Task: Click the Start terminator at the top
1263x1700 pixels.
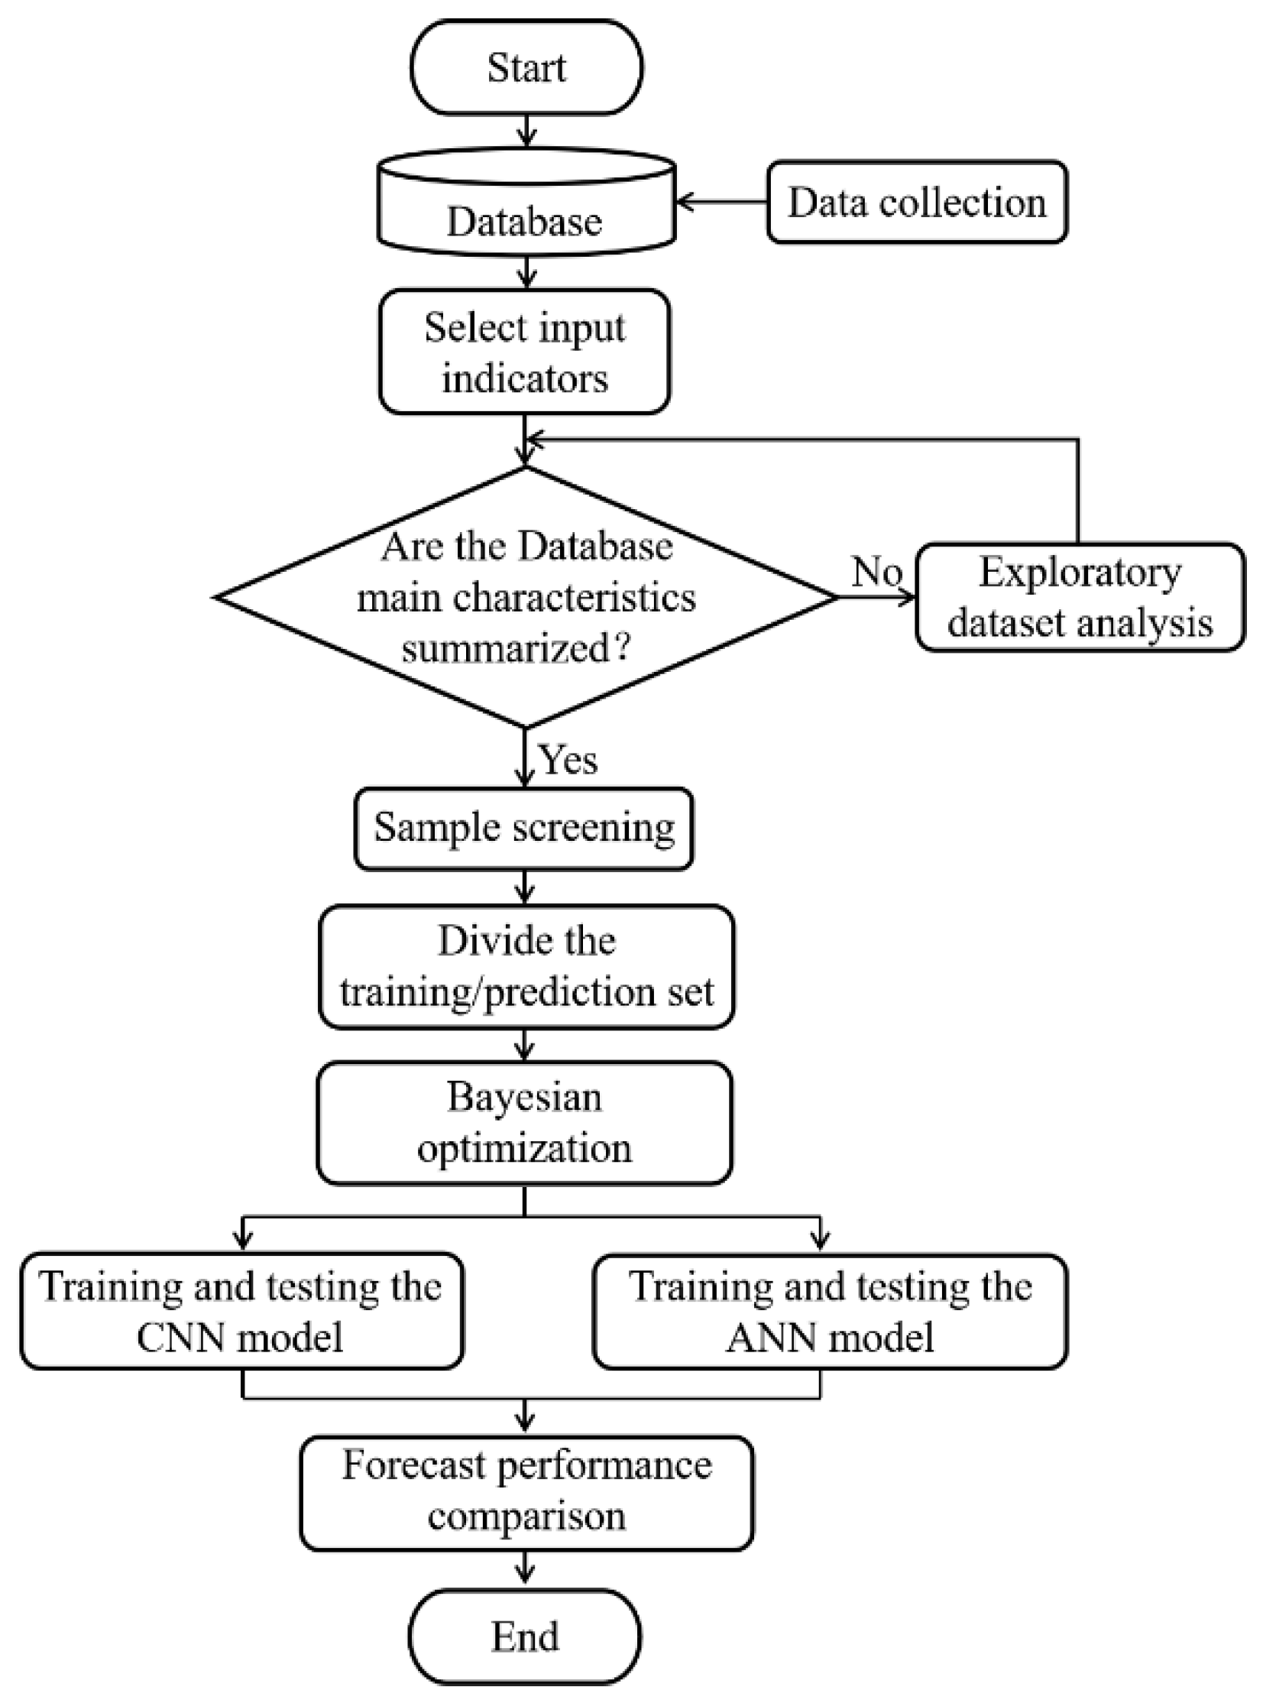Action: pyautogui.click(x=526, y=67)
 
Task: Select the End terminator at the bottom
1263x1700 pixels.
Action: pyautogui.click(x=524, y=1637)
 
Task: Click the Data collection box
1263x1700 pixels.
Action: pyautogui.click(x=917, y=203)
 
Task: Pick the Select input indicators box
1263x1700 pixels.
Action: pyautogui.click(x=524, y=352)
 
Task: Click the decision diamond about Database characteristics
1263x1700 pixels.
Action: pyautogui.click(x=526, y=596)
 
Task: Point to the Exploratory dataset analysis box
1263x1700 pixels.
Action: pyautogui.click(x=1080, y=597)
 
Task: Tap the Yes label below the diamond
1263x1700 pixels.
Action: pyautogui.click(x=568, y=759)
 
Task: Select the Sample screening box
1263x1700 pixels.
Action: pyautogui.click(x=523, y=828)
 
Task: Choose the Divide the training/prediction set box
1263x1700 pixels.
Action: pyautogui.click(x=526, y=966)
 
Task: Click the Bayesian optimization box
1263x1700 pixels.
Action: pyautogui.click(x=524, y=1123)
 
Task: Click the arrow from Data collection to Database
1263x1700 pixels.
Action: pyautogui.click(x=722, y=203)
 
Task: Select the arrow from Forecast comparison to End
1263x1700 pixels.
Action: pyautogui.click(x=524, y=1567)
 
